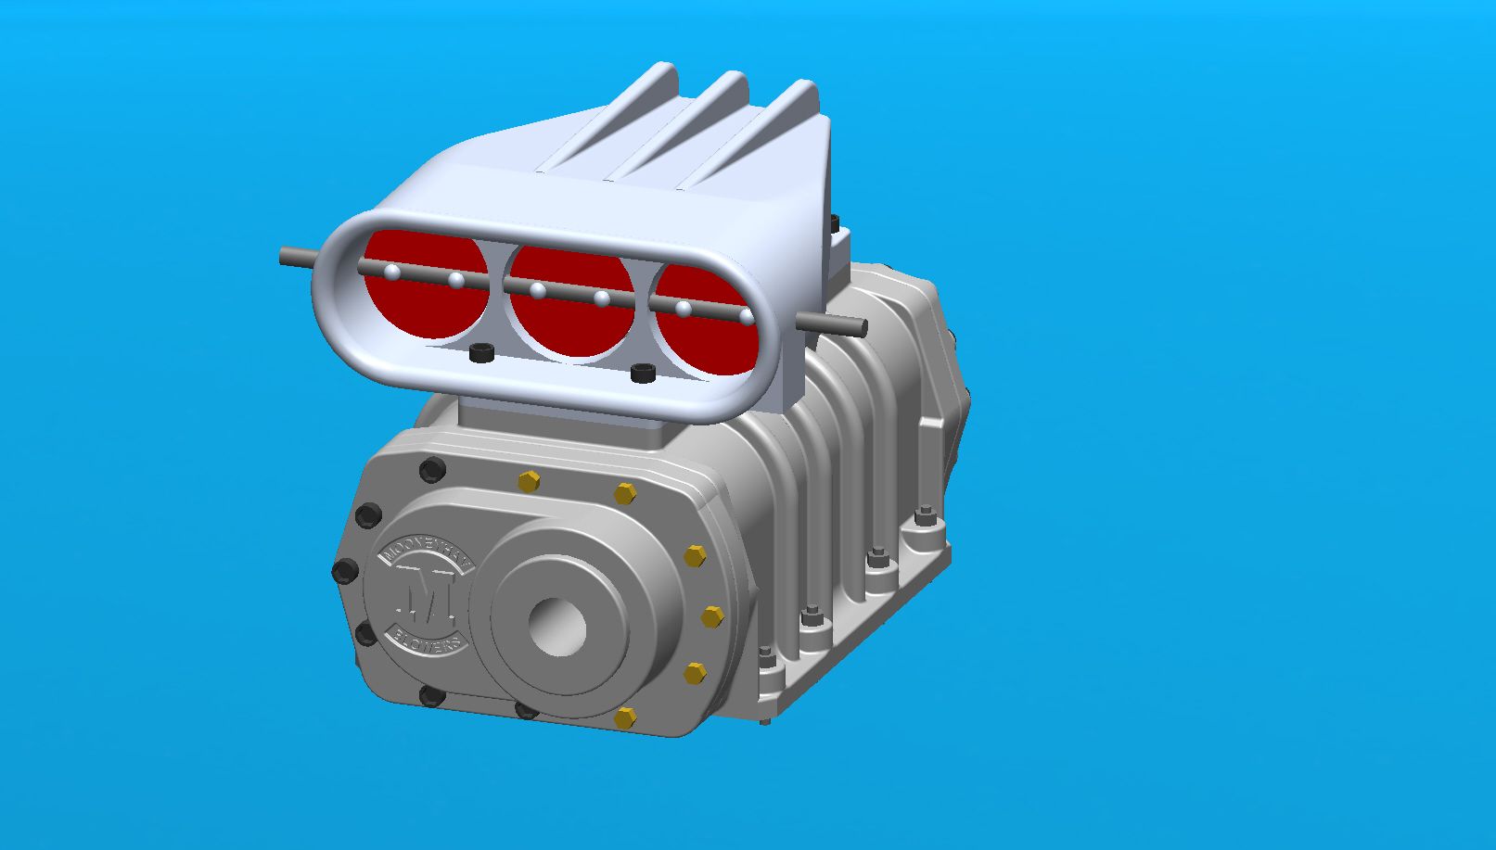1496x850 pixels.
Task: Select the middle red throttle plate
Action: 570,311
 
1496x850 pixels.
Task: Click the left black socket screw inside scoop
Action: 480,353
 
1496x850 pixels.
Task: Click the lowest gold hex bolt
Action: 625,717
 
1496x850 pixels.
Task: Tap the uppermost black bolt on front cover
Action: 431,470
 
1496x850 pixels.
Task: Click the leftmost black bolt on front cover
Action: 345,571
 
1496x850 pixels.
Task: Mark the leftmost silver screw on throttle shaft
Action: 392,272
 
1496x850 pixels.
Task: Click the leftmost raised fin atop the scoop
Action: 640,102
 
